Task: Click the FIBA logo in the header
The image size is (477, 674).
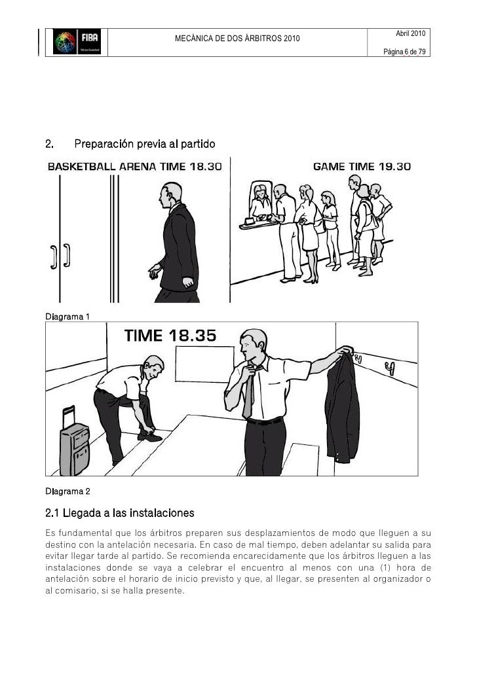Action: pos(77,44)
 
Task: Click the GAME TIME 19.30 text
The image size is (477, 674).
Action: pos(362,167)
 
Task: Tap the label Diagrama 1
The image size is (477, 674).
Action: pos(67,317)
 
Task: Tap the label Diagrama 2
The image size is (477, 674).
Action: pos(67,490)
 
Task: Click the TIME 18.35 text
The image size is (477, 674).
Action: pos(170,336)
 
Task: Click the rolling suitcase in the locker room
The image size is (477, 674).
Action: pos(73,442)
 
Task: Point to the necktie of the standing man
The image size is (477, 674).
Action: pos(248,393)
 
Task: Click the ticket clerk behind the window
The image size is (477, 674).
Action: pos(260,202)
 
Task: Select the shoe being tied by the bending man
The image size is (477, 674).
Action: pos(150,435)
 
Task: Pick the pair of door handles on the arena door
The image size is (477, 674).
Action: pos(60,257)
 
